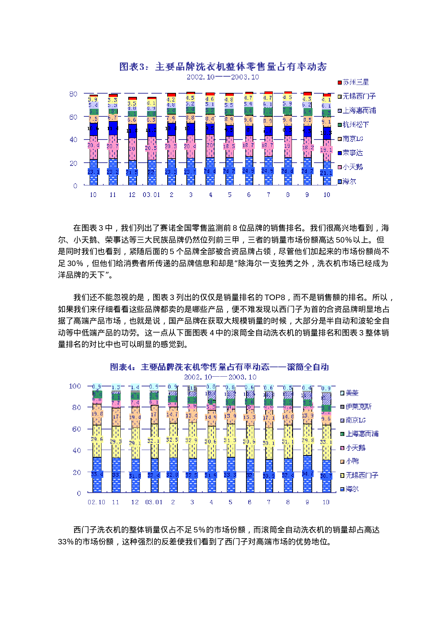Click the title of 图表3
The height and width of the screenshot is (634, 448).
[x=223, y=67]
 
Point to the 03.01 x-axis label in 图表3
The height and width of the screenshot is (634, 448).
[x=151, y=195]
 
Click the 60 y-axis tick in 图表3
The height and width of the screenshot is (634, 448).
[x=73, y=117]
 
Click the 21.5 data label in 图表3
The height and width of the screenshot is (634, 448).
[x=132, y=172]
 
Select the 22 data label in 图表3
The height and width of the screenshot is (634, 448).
[x=151, y=172]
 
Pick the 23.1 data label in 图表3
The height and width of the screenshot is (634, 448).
[x=93, y=172]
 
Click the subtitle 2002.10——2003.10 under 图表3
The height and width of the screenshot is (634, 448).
[x=223, y=77]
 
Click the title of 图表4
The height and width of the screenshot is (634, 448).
[x=219, y=367]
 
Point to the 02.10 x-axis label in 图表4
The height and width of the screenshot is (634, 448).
[x=96, y=502]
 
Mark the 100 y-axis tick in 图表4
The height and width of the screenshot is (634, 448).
[x=75, y=386]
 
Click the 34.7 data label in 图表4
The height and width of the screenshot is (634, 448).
[x=307, y=474]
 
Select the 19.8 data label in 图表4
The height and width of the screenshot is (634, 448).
[x=97, y=414]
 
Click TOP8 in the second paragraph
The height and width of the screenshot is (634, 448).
[x=275, y=297]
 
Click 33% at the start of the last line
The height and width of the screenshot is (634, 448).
[x=65, y=541]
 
